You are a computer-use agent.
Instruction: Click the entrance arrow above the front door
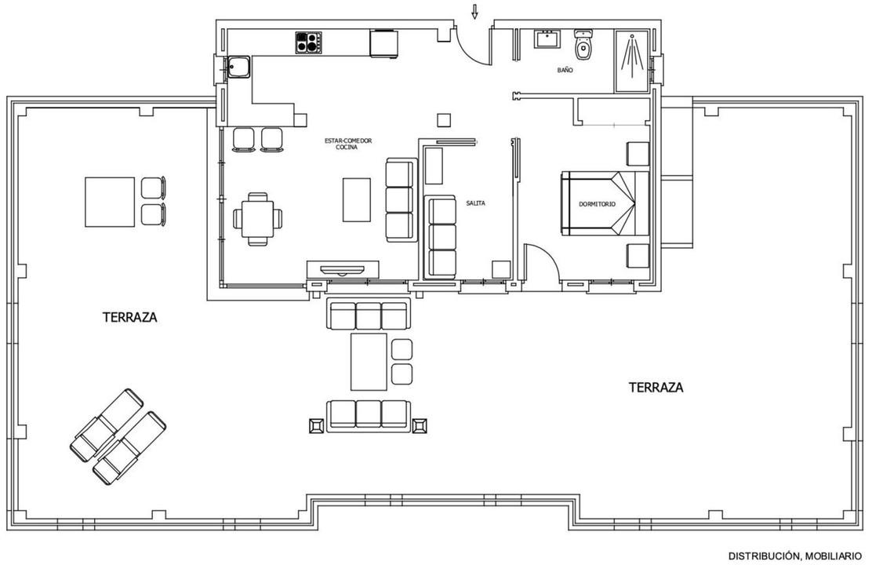click(474, 12)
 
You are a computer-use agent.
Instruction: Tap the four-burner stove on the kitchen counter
click(309, 42)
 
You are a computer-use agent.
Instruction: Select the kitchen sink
click(239, 68)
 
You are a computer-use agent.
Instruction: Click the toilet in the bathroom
click(583, 45)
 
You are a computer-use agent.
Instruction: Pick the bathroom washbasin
click(548, 40)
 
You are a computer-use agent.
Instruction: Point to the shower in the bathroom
click(632, 61)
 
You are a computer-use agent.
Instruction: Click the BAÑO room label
click(565, 71)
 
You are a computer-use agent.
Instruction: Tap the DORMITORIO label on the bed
click(598, 204)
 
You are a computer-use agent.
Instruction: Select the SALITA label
click(475, 203)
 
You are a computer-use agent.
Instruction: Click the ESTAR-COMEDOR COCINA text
click(347, 144)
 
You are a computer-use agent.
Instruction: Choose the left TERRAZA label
click(130, 317)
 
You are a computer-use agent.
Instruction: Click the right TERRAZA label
click(656, 388)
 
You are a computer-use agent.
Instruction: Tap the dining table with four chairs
click(257, 219)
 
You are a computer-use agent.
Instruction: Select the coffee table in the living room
click(357, 199)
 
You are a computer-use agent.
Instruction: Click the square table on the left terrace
click(110, 202)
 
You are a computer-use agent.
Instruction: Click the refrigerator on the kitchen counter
click(383, 43)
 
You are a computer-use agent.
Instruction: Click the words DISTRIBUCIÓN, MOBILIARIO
click(795, 556)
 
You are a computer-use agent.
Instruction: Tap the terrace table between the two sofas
click(369, 362)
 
